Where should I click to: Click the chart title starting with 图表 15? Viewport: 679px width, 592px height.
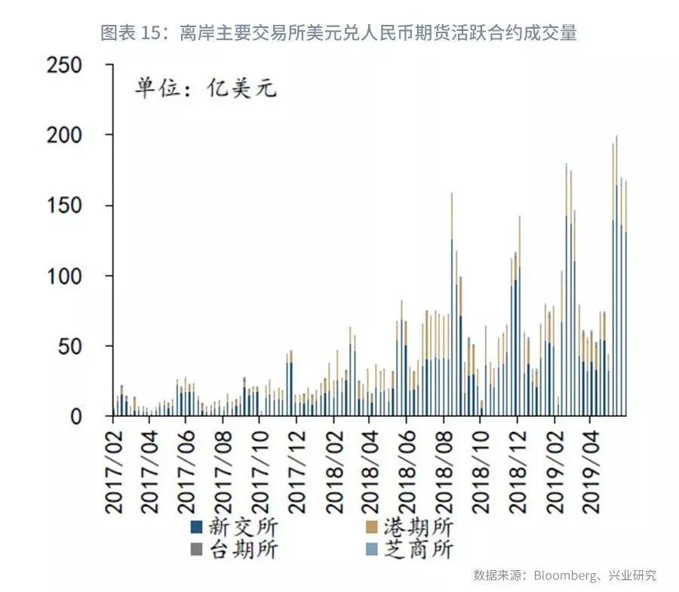(339, 32)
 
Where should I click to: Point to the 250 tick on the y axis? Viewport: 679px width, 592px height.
(75, 66)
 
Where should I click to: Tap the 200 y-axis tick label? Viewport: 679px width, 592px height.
(75, 136)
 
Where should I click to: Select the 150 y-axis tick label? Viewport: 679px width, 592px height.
(75, 206)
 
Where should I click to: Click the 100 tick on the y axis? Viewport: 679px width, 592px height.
(75, 276)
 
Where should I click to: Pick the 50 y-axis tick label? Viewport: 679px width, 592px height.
(81, 346)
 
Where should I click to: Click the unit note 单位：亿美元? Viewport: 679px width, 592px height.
(206, 88)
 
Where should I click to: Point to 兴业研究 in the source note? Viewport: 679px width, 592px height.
(629, 575)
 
